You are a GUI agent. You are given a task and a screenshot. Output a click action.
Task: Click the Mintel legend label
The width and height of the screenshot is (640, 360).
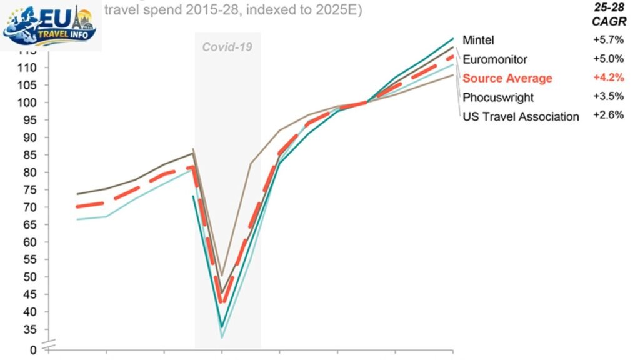point(478,40)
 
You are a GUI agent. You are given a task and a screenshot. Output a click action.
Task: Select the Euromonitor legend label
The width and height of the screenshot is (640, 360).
point(495,59)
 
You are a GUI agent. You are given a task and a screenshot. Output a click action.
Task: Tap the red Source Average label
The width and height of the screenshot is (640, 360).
point(507,78)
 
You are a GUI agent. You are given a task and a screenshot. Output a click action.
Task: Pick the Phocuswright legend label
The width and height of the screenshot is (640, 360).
point(498,97)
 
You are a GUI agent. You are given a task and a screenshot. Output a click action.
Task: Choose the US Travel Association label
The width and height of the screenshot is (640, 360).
point(521,116)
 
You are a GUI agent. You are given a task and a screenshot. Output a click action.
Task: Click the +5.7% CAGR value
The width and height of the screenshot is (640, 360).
point(608,40)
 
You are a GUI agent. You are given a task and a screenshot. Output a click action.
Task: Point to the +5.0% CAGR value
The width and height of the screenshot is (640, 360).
point(608,59)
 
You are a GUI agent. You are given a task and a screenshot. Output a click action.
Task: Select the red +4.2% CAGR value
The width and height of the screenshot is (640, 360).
point(608,77)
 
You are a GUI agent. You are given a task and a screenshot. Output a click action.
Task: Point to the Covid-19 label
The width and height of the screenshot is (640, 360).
point(227,47)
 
